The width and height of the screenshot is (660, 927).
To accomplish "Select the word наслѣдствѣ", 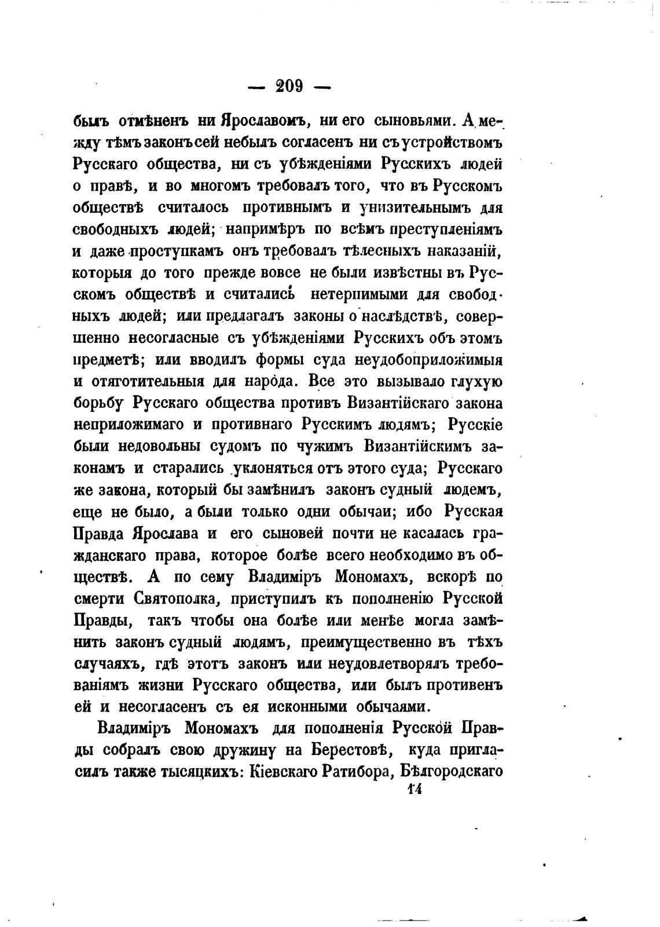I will click(402, 316).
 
